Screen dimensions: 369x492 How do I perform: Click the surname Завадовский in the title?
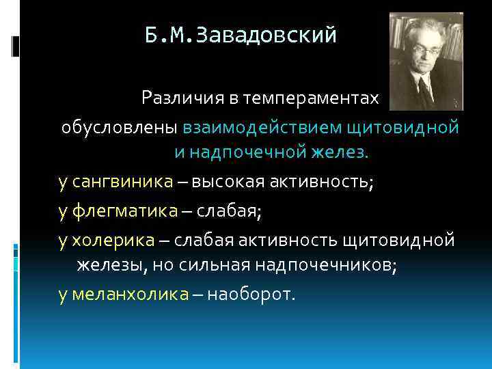coord(266,35)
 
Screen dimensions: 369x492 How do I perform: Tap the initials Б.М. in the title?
coord(169,35)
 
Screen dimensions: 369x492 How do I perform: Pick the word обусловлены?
coord(121,127)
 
